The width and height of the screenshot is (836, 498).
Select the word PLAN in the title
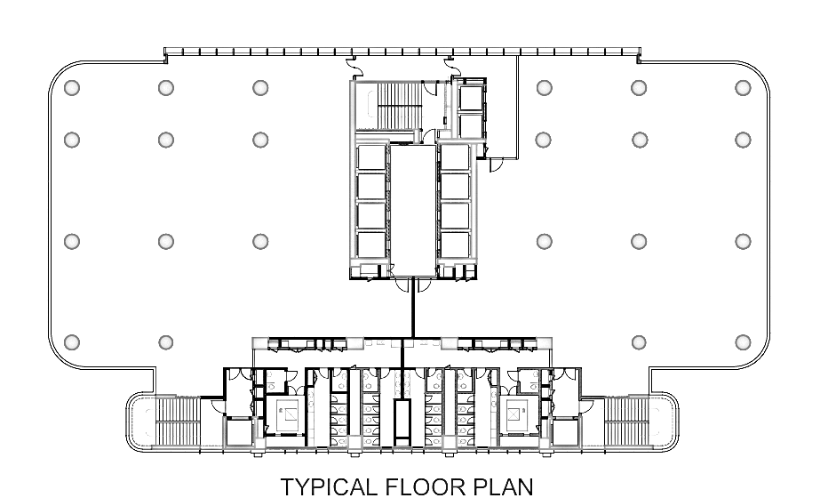tap(503, 487)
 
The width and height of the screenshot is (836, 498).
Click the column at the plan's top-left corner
tap(72, 87)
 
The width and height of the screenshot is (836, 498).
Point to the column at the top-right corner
tap(743, 87)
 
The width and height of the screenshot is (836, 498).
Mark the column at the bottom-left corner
tap(72, 342)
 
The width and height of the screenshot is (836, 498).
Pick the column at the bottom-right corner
tap(743, 342)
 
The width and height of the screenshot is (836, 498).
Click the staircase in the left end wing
tap(178, 422)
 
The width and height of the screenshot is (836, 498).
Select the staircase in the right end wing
tap(626, 422)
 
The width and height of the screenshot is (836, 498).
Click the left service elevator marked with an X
tap(289, 414)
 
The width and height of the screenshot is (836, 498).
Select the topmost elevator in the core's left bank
tap(371, 157)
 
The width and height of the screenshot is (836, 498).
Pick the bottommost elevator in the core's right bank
tap(455, 244)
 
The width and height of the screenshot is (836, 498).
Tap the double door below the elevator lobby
tap(413, 285)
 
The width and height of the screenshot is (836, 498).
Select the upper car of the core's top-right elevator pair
tap(471, 98)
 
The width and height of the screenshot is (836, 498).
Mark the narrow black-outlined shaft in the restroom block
tap(402, 422)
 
